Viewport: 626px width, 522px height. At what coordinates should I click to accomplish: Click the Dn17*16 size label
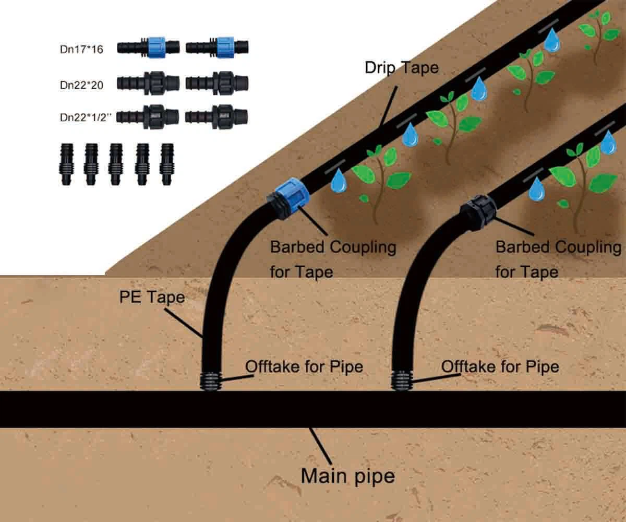click(81, 50)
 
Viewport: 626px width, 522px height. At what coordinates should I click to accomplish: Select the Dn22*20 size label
click(81, 85)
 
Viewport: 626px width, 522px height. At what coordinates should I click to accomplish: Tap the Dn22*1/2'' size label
click(86, 117)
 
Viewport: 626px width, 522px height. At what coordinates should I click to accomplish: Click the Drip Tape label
click(401, 68)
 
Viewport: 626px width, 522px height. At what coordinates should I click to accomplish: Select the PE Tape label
click(152, 297)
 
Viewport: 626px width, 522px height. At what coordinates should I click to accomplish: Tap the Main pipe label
click(347, 476)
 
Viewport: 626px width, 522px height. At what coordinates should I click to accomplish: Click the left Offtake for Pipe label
click(304, 366)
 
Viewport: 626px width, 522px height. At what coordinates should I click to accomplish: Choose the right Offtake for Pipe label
click(500, 366)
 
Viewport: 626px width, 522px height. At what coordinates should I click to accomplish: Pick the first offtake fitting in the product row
click(65, 164)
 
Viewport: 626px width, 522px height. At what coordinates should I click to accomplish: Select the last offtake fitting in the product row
click(167, 164)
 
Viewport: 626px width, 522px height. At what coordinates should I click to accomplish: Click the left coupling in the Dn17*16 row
click(148, 46)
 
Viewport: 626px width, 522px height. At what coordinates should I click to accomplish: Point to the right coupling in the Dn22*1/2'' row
click(216, 116)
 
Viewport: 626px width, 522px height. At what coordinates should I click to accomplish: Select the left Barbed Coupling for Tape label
click(333, 259)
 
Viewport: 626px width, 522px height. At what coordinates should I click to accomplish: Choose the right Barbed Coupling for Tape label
click(558, 259)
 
